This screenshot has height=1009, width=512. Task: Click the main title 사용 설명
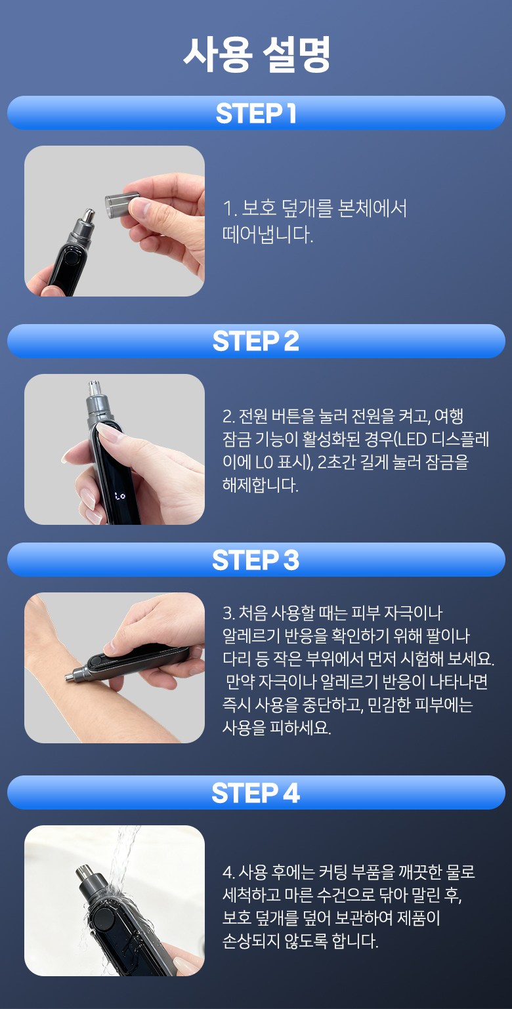[257, 54]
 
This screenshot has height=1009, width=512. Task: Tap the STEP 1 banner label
[256, 113]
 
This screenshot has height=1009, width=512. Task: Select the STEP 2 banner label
[255, 341]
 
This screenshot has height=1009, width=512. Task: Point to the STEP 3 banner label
[255, 560]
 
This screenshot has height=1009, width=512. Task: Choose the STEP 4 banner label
[255, 793]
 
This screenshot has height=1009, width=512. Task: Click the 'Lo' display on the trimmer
[120, 496]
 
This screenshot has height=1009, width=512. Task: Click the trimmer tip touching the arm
[68, 676]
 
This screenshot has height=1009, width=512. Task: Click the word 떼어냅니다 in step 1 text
[267, 235]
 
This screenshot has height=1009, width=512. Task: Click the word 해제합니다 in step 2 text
[260, 485]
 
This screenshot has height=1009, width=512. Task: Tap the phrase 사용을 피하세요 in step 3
[276, 727]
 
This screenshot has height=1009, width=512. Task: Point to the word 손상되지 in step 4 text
[251, 940]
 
